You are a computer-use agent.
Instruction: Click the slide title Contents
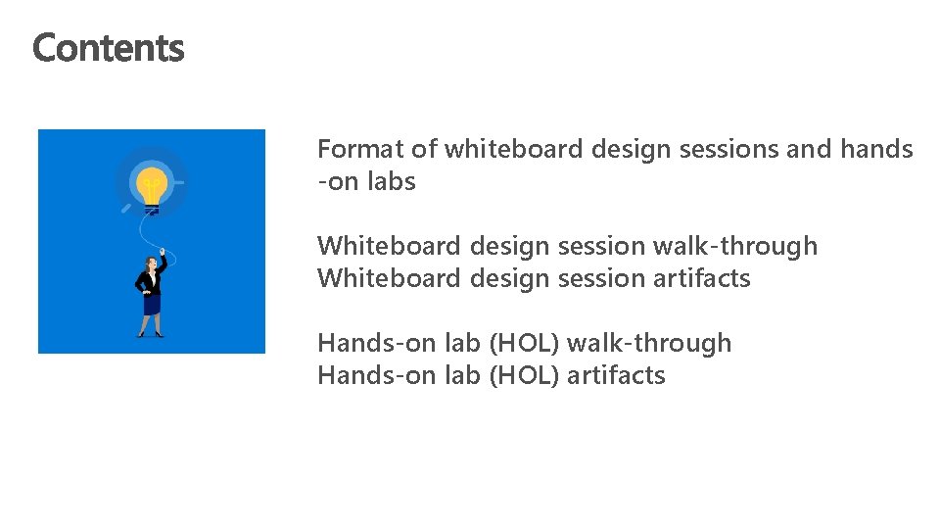(108, 47)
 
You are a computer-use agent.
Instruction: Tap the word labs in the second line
(392, 181)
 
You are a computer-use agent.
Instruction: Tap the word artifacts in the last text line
(617, 375)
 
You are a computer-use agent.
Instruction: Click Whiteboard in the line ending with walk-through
(389, 246)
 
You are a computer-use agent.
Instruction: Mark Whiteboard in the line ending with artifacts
(389, 278)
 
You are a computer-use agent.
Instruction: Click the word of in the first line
(423, 149)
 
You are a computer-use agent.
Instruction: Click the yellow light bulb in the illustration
(151, 183)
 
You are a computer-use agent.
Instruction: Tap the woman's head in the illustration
(151, 264)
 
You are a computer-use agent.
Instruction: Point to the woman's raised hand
(164, 251)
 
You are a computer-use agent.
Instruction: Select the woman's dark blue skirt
(151, 304)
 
